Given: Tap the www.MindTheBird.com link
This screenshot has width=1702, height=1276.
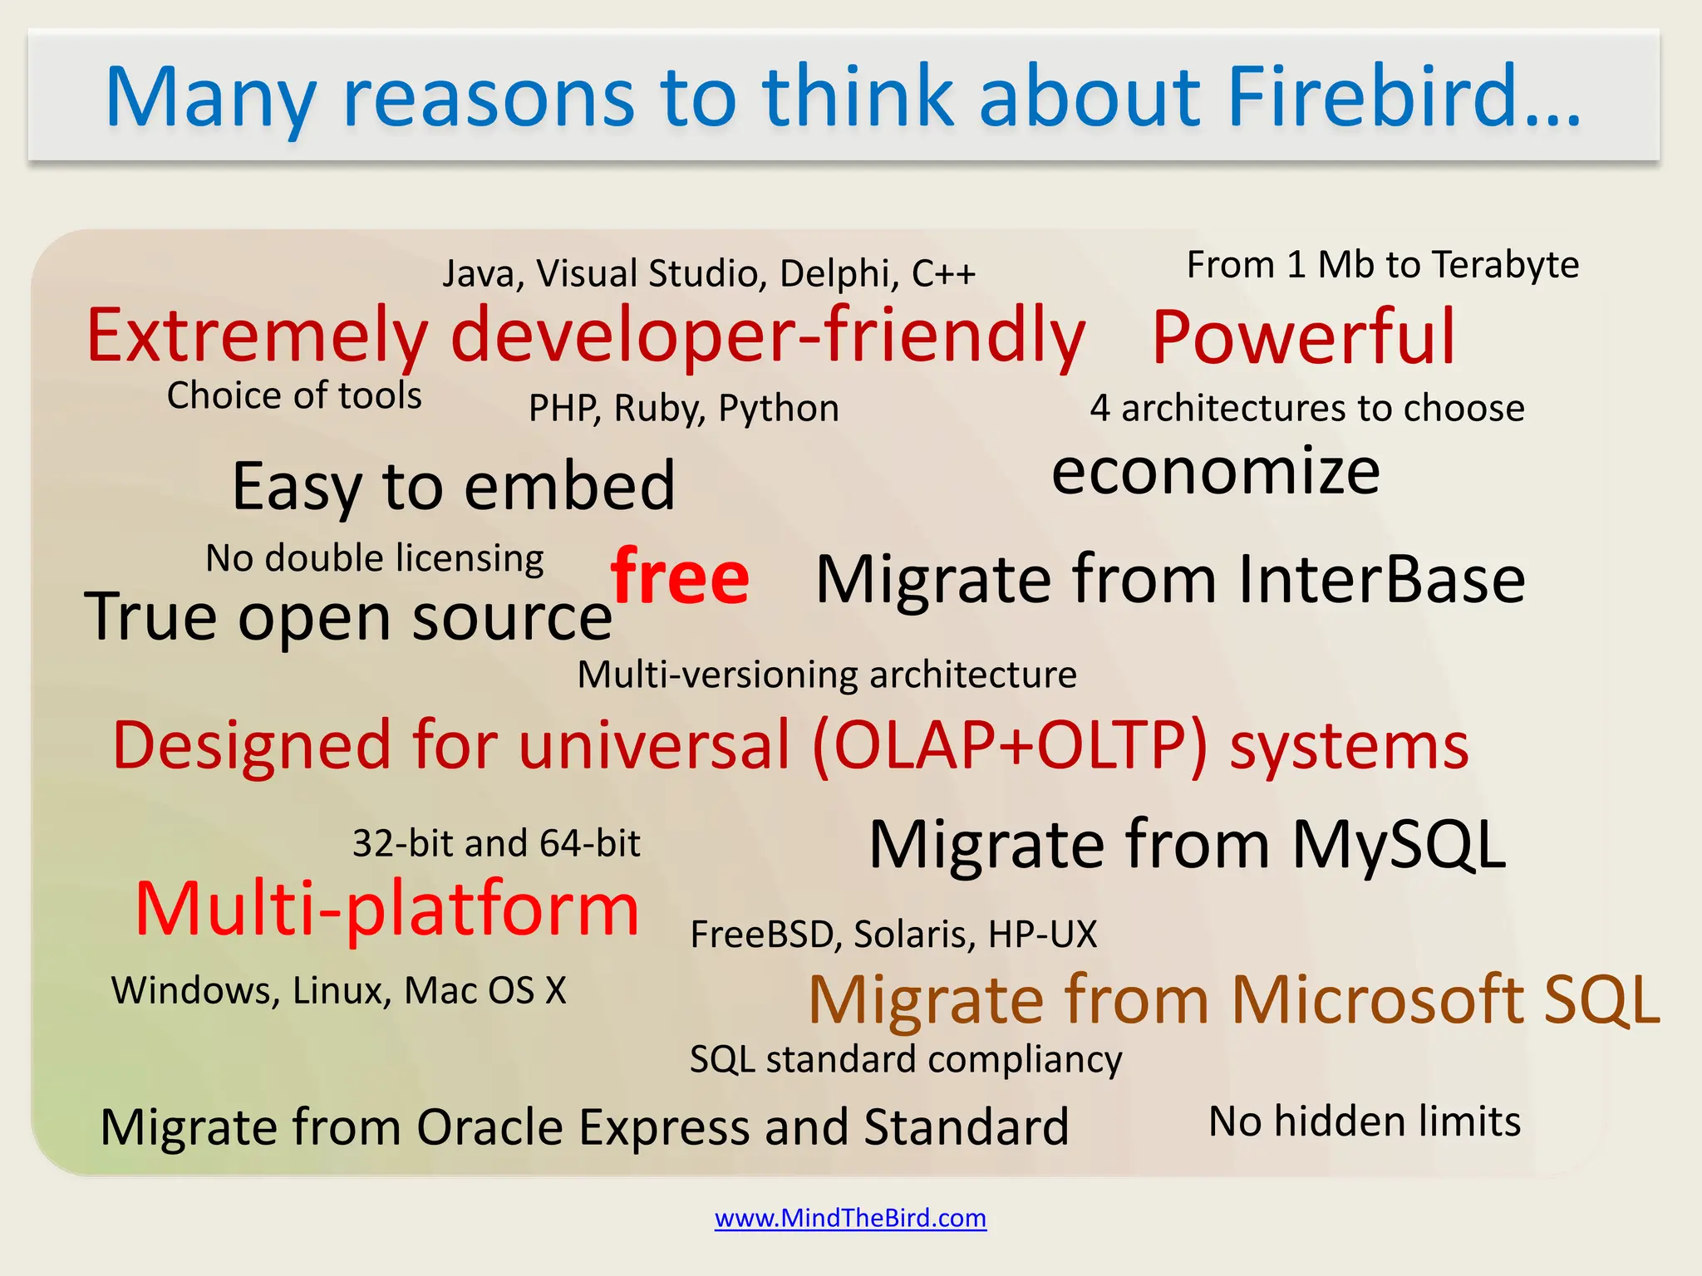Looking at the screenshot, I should point(850,1218).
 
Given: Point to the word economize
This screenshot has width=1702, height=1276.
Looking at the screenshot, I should point(1216,472).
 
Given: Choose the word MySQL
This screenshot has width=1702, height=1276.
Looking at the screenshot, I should point(1399,845).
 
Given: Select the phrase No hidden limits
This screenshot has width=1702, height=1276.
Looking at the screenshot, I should point(1364,1121).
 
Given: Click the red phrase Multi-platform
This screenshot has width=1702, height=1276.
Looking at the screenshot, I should point(387,909).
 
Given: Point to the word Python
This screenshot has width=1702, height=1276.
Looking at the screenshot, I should point(779,409).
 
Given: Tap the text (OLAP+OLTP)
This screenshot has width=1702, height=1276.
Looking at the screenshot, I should point(1009,745).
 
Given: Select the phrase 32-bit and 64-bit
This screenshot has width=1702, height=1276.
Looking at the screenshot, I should point(496,844).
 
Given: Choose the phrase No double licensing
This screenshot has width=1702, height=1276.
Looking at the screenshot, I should point(374,558).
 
